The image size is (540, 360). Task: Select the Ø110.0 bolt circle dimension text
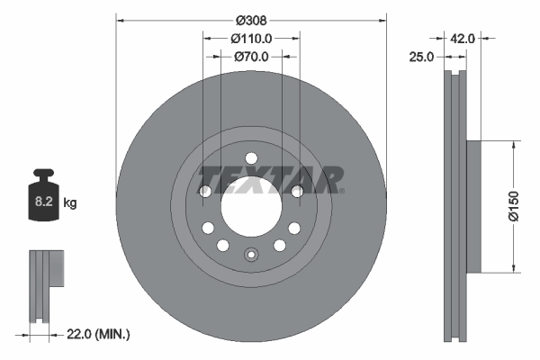click(251, 39)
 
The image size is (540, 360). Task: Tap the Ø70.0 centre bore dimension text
click(251, 57)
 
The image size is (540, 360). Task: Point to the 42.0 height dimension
click(463, 39)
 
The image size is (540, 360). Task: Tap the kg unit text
click(70, 203)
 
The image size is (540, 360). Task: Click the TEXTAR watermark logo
click(270, 179)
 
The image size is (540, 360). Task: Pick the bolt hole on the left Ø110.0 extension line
click(204, 191)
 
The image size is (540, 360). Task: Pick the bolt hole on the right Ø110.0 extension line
click(298, 191)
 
